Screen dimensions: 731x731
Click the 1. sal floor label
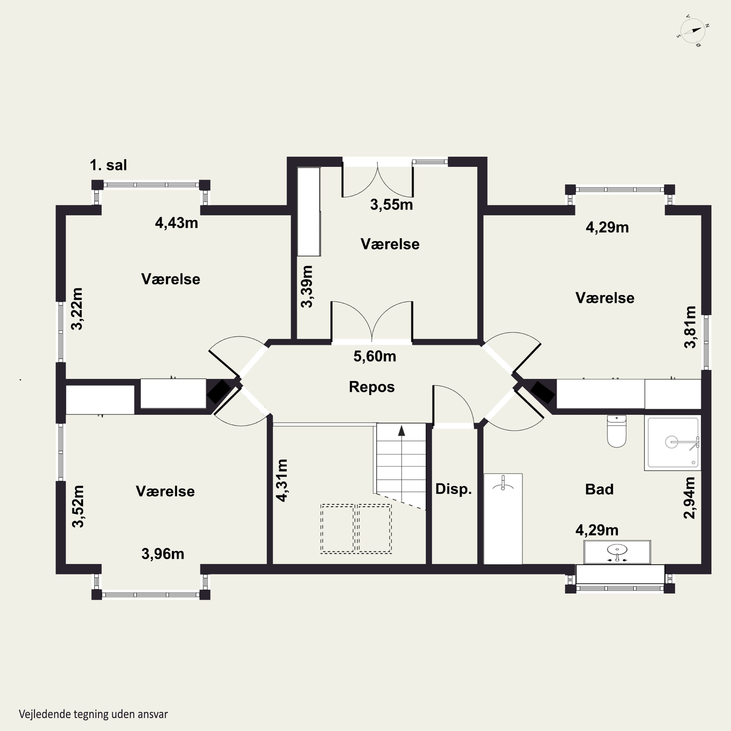pyautogui.click(x=108, y=165)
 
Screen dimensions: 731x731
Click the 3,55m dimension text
pyautogui.click(x=391, y=205)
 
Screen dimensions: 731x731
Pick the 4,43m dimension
pyautogui.click(x=176, y=223)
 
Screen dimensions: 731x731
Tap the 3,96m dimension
pyautogui.click(x=163, y=554)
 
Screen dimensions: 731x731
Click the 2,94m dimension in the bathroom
pyautogui.click(x=689, y=498)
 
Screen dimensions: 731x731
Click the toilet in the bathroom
pyautogui.click(x=617, y=431)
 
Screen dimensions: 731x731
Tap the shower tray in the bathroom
pyautogui.click(x=673, y=443)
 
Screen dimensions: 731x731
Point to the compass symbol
pyautogui.click(x=693, y=31)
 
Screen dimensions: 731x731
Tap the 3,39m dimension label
pyautogui.click(x=307, y=287)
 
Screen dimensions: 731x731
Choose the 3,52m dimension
pyautogui.click(x=78, y=506)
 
